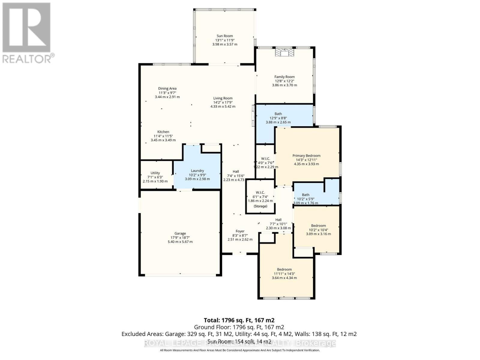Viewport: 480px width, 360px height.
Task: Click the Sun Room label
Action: point(225,36)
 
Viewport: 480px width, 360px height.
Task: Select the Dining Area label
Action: point(167,88)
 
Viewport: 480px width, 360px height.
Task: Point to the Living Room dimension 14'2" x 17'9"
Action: point(223,102)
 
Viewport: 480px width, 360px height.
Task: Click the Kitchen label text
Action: point(163,132)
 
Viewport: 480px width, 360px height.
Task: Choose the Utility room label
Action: point(155,173)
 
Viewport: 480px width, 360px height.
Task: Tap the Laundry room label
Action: point(197,171)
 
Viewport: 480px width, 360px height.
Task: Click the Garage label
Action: point(180,233)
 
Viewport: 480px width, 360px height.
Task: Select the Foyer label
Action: point(240,231)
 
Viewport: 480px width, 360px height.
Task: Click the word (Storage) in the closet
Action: point(260,206)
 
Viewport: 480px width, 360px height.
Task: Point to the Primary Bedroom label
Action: point(306,156)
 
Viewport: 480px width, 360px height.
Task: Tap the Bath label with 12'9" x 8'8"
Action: point(278,114)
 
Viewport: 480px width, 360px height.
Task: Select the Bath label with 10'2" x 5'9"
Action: point(305,195)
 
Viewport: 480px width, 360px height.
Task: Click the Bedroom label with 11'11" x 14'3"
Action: point(284,269)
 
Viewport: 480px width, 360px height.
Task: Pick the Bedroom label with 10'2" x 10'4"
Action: point(318,226)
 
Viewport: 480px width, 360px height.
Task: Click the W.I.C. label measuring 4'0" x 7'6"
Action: point(265,159)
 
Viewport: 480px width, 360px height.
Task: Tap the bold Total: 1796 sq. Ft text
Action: point(239,320)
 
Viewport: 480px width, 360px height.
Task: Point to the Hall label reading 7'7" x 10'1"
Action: point(278,220)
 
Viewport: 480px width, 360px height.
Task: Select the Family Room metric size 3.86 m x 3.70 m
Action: point(284,85)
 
